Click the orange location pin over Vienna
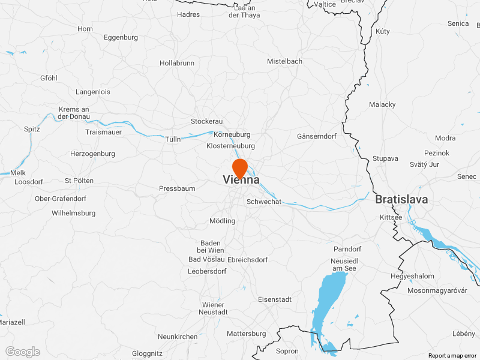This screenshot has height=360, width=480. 240,167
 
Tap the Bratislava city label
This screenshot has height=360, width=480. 401,199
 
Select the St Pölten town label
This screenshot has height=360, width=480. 79,181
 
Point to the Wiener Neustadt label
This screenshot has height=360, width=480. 214,308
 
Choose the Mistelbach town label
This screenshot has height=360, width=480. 284,61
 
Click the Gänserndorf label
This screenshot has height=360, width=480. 317,136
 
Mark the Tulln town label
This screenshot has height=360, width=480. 173,139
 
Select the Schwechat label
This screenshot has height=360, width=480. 264,202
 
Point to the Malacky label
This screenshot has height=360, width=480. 382,104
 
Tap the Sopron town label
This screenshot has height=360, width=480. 287,351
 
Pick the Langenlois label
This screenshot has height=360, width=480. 93,92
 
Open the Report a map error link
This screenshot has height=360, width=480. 453,356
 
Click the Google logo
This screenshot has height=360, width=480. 23,352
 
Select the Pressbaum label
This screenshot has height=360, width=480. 177,188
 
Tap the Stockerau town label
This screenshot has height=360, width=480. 206,121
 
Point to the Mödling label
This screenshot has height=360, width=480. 222,221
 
